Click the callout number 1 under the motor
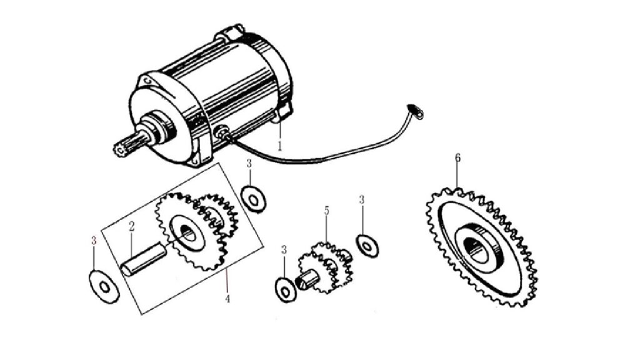pyautogui.click(x=280, y=146)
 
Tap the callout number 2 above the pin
pyautogui.click(x=131, y=226)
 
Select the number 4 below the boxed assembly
pyautogui.click(x=227, y=299)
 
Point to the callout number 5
pyautogui.click(x=326, y=211)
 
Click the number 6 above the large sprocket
pyautogui.click(x=457, y=157)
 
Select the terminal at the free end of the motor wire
pyautogui.click(x=415, y=112)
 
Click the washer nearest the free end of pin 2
pyautogui.click(x=104, y=287)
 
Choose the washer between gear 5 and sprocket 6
pyautogui.click(x=367, y=246)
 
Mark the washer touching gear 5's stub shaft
pyautogui.click(x=286, y=290)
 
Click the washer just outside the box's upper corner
pyautogui.click(x=254, y=199)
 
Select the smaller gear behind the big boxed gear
pyautogui.click(x=217, y=216)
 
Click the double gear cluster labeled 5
pyautogui.click(x=326, y=267)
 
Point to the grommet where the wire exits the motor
pyautogui.click(x=222, y=132)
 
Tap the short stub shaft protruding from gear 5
pyautogui.click(x=304, y=281)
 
